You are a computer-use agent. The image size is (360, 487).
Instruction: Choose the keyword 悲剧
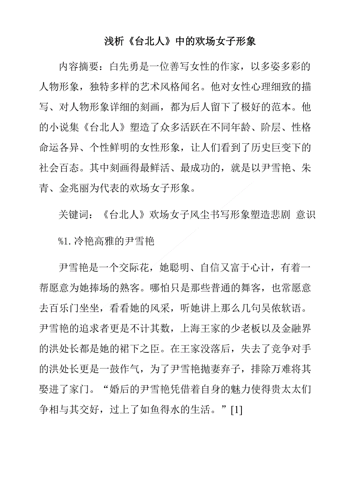(278, 215)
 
